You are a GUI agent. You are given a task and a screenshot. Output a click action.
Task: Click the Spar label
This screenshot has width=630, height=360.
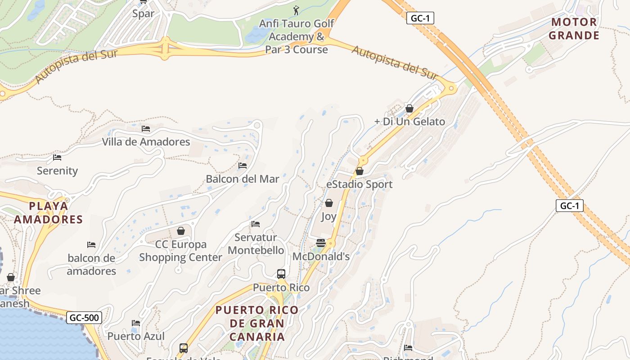coord(143,13)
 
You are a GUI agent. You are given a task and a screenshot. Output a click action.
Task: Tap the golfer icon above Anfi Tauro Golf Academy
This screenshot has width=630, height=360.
coord(296,10)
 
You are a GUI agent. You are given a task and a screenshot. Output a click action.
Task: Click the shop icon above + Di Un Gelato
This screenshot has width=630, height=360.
coord(409,108)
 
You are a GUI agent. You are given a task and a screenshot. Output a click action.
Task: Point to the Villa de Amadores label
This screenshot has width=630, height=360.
coord(146,142)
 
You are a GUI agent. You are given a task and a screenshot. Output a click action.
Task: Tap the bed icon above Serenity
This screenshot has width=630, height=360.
coord(57,157)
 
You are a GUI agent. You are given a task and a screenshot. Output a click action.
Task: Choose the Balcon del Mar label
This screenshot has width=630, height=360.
coord(243,179)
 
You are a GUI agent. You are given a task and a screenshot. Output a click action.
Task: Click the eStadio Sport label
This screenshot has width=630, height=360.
coord(360,184)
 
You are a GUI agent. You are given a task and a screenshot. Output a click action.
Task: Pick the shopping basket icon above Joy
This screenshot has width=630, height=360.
coord(329,203)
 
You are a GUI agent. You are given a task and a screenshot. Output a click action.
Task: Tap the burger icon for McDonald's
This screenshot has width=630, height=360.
coord(321,243)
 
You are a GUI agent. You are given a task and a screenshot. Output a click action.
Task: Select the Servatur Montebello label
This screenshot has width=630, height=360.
coord(256,244)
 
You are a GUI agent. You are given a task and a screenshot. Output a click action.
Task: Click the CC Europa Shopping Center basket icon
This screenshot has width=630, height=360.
coord(181,231)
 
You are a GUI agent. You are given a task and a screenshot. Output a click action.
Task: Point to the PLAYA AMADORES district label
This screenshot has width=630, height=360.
coord(49,213)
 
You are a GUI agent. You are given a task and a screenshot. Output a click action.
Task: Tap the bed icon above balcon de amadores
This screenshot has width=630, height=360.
coord(91,245)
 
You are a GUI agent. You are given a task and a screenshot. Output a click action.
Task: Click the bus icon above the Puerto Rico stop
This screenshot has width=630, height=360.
coord(281,274)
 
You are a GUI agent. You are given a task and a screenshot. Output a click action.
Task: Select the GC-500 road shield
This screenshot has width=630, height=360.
coord(84,318)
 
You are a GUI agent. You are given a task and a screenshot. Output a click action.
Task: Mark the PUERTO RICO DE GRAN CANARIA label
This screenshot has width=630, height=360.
coord(257,323)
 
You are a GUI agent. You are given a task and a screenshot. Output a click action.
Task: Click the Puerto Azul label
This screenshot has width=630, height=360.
coord(136,336)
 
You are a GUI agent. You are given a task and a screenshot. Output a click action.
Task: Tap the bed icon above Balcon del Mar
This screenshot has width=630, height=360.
coord(243,166)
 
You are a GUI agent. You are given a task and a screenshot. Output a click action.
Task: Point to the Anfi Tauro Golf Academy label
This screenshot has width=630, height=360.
coord(297,36)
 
